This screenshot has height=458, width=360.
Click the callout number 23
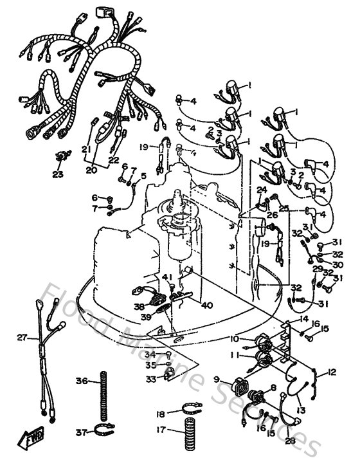(x=58, y=173)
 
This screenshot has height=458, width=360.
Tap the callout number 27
(x=22, y=337)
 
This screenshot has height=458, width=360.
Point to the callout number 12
(x=332, y=371)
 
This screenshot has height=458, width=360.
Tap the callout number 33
(x=150, y=380)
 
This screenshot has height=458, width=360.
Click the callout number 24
(x=262, y=189)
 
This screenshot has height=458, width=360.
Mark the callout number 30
(x=337, y=264)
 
